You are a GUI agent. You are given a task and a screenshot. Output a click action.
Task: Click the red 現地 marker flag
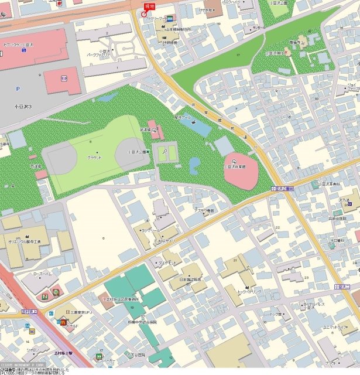(x=149, y=5)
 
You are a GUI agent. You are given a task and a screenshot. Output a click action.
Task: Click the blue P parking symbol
(x=18, y=89)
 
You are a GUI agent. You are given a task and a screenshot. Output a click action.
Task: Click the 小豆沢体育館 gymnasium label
(x=235, y=166)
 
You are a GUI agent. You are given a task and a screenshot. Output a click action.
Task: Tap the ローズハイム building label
(x=43, y=273)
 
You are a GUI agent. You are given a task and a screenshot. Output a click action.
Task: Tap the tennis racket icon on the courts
(x=166, y=151)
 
